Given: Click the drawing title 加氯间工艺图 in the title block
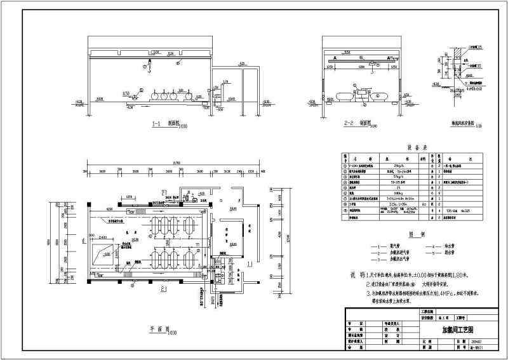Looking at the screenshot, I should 444,331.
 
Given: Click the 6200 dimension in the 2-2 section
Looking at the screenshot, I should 361,66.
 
